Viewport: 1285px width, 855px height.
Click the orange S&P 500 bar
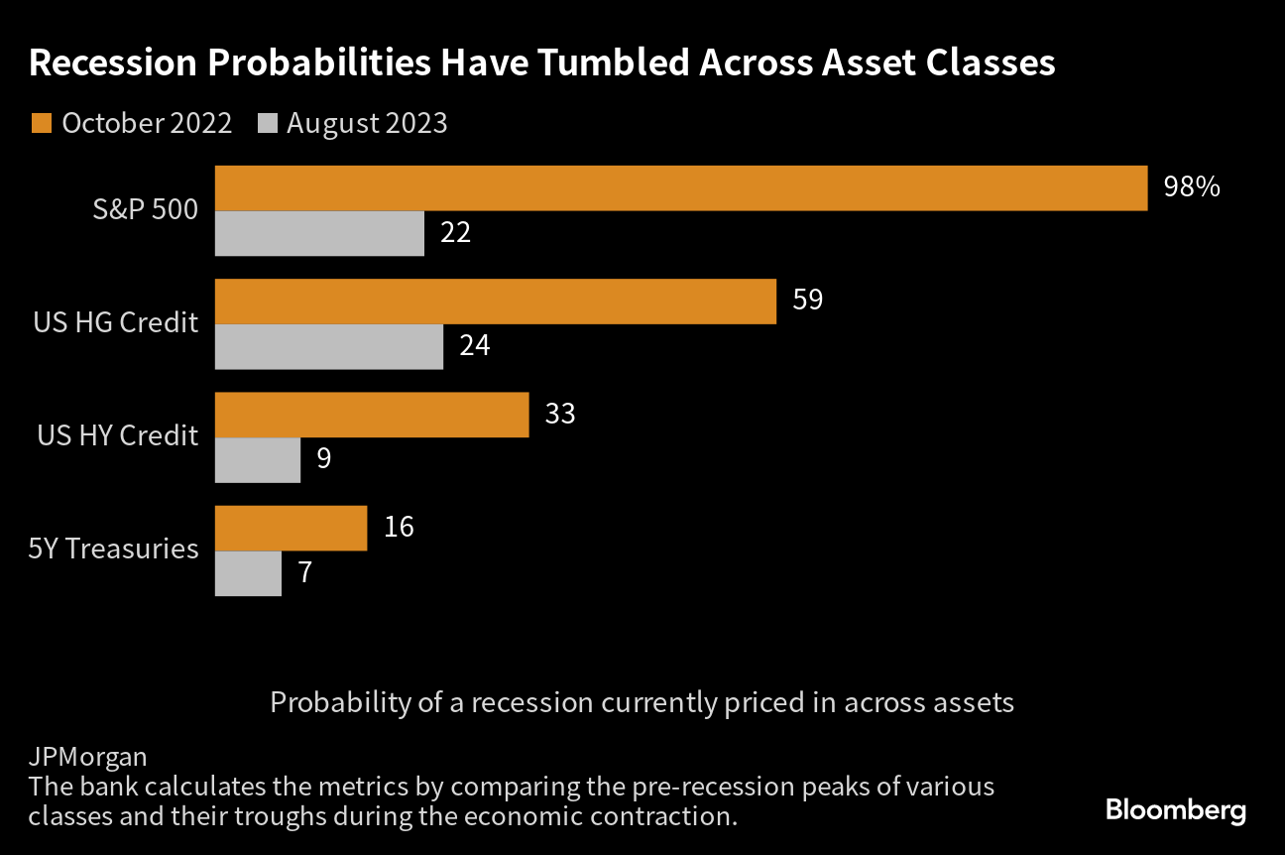coord(681,188)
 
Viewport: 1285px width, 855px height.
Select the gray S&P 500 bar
coord(319,233)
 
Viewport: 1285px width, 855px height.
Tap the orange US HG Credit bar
coord(496,302)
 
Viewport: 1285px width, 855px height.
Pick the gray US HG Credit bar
coord(329,346)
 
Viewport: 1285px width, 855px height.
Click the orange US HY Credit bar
coord(372,415)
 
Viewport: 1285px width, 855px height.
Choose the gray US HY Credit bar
coord(258,460)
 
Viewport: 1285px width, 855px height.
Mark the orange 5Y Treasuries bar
coord(291,528)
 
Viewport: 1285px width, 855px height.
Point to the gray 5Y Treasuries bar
coord(249,574)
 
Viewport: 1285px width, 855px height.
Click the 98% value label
coord(1192,186)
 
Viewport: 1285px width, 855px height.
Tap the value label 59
coord(808,300)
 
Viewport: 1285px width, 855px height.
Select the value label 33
coord(560,414)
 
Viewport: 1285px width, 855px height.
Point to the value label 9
coord(324,458)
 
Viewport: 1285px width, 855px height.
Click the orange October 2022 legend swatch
coord(42,123)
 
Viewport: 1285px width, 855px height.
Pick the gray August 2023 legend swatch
coord(268,123)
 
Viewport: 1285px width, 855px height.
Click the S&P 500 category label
coord(145,209)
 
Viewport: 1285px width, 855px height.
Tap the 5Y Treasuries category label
coord(114,549)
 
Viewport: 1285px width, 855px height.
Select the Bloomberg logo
coord(1176,810)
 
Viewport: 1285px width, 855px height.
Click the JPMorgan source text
coord(88,758)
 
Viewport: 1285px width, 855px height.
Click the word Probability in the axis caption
coord(341,702)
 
